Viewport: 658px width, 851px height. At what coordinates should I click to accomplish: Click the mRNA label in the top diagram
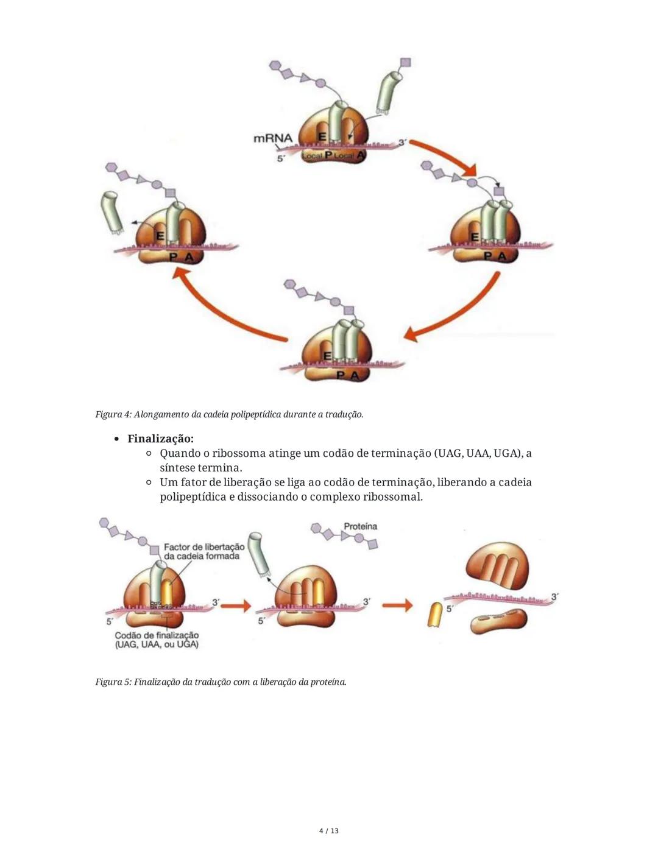click(x=272, y=138)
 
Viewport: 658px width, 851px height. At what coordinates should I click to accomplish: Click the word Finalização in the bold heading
click(x=160, y=439)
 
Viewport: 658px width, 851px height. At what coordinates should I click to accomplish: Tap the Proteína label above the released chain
click(x=360, y=526)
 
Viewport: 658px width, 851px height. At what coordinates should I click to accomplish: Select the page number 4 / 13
click(x=329, y=831)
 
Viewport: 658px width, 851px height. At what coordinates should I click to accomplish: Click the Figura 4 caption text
click(x=229, y=414)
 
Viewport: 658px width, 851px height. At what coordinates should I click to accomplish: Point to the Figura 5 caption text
click(x=221, y=682)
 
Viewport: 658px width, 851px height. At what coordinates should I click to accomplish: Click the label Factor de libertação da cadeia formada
click(x=203, y=551)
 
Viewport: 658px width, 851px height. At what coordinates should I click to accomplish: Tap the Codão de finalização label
click(x=157, y=640)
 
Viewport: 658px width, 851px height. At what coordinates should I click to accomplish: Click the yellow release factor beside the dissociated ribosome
click(x=435, y=615)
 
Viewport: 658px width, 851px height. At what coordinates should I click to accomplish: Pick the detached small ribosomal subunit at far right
click(x=498, y=622)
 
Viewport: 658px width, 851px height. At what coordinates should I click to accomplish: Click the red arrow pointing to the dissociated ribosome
click(x=397, y=606)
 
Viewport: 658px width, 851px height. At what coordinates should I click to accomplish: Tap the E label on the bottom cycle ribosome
click(x=327, y=355)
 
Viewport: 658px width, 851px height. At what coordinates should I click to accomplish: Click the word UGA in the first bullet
click(x=508, y=453)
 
